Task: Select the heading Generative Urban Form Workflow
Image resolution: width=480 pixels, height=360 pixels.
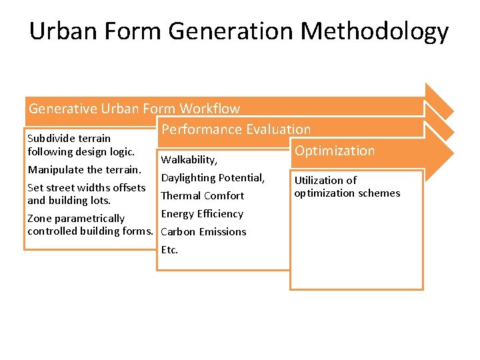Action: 134,108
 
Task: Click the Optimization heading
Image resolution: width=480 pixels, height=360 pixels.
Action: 335,151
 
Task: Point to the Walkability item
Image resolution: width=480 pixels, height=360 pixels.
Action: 189,160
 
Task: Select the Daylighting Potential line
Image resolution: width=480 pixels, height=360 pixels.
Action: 213,178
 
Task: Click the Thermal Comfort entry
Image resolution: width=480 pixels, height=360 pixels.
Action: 203,196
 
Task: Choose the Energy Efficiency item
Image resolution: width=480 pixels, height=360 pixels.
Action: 202,214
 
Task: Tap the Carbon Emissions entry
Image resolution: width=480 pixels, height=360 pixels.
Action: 203,232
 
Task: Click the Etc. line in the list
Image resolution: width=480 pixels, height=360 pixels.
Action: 169,250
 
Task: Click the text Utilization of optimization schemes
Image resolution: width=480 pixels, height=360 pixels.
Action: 347,187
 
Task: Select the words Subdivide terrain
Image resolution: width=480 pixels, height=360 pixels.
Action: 69,139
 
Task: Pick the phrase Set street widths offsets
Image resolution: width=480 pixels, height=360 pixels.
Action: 86,188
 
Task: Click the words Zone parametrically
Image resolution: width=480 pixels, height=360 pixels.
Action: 75,219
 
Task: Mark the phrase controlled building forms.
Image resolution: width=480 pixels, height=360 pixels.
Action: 90,231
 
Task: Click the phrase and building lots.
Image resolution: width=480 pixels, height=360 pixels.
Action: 69,200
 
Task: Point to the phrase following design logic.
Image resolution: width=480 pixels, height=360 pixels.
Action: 81,151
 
